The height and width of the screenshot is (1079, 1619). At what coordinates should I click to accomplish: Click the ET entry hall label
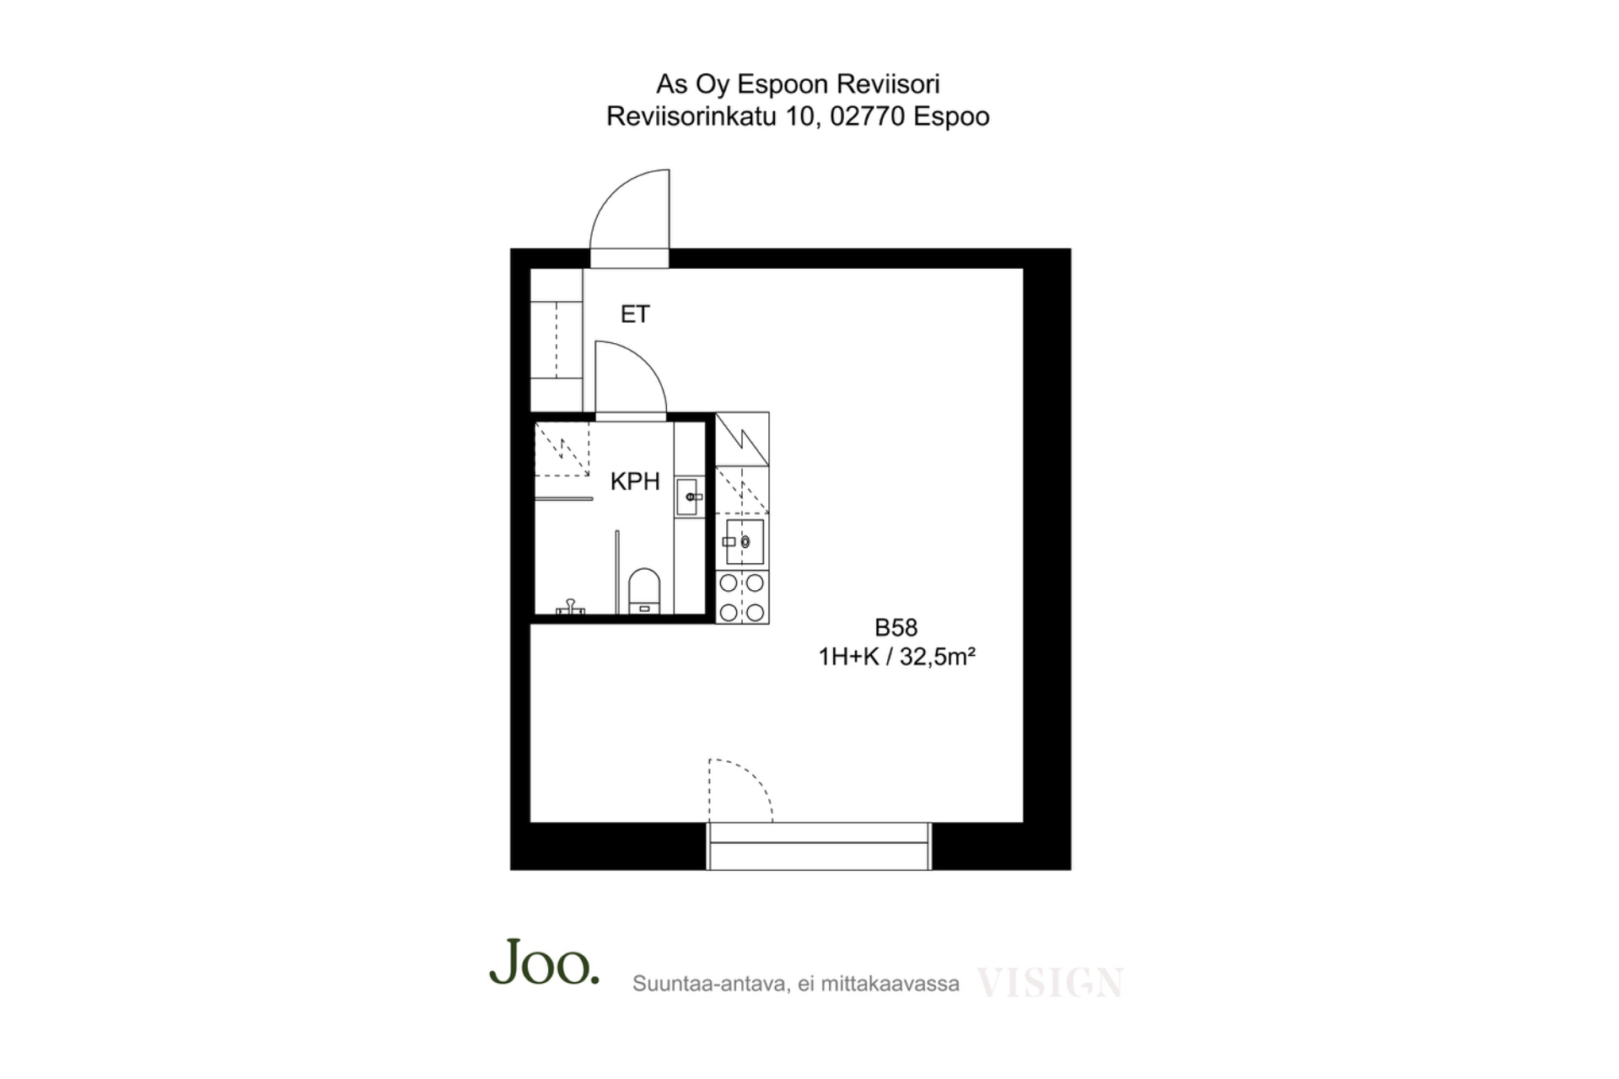tap(635, 314)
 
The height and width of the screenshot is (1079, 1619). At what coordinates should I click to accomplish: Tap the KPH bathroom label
tap(635, 481)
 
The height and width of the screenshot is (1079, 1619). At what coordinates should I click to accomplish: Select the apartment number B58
tap(896, 628)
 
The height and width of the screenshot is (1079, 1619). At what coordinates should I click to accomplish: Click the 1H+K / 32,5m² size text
tap(897, 657)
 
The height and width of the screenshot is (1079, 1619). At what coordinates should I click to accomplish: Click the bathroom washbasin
tap(689, 497)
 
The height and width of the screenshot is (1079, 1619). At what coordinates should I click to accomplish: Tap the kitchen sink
tap(744, 542)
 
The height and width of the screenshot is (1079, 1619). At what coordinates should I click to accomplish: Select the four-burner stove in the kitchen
tap(742, 598)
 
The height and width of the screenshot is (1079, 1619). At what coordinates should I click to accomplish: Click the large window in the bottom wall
tap(819, 845)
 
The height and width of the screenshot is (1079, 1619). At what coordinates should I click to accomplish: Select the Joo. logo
tap(545, 962)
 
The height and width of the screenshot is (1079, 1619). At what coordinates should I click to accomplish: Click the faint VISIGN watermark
tap(1050, 983)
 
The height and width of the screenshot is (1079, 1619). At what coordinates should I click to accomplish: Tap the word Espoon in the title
tap(782, 84)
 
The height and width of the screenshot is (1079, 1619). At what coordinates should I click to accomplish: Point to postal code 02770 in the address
tap(868, 116)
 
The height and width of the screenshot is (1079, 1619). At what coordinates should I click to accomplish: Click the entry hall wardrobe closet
tap(557, 340)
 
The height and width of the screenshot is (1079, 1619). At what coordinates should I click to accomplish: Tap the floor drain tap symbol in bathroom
tap(570, 606)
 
